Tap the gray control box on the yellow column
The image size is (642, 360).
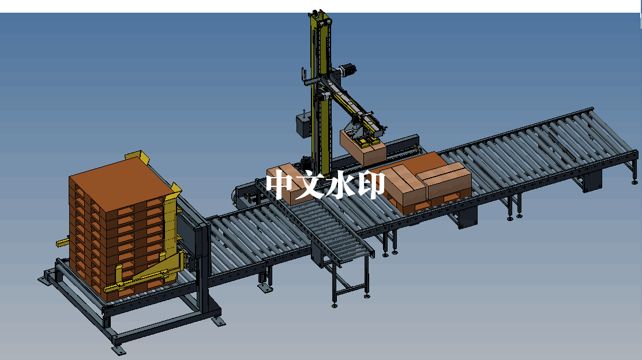tap(303, 125)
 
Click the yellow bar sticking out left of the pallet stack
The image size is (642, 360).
tap(63, 242)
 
